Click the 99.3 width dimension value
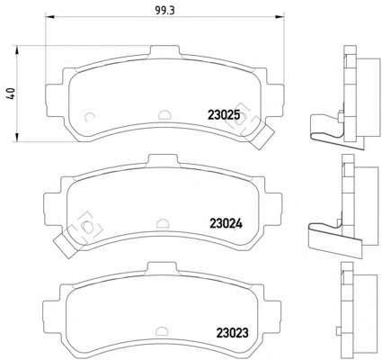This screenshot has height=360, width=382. click(x=164, y=10)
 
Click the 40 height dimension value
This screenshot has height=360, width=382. click(x=12, y=94)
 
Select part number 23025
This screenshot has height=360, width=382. click(x=224, y=115)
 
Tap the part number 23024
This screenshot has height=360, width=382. click(x=226, y=223)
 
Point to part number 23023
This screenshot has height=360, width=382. click(x=232, y=333)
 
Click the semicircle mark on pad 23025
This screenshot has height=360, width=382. click(x=164, y=114)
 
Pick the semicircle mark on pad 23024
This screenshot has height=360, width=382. click(x=162, y=223)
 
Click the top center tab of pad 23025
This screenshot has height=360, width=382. click(x=164, y=51)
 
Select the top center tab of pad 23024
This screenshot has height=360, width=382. click(x=164, y=159)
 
